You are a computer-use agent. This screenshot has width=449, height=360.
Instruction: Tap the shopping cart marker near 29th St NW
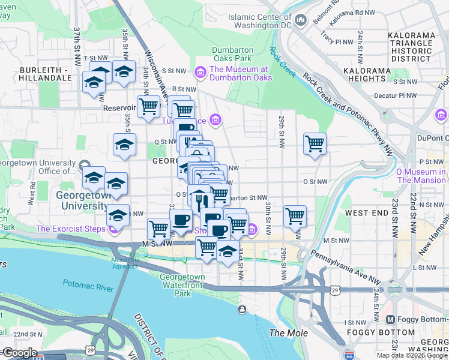click(315, 144)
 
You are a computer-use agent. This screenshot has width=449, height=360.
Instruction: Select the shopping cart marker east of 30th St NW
click(295, 216)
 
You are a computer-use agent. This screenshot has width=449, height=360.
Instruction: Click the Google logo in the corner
click(19, 353)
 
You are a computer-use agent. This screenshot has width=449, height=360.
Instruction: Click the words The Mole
click(288, 333)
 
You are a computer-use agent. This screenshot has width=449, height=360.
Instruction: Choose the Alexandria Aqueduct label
click(124, 263)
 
